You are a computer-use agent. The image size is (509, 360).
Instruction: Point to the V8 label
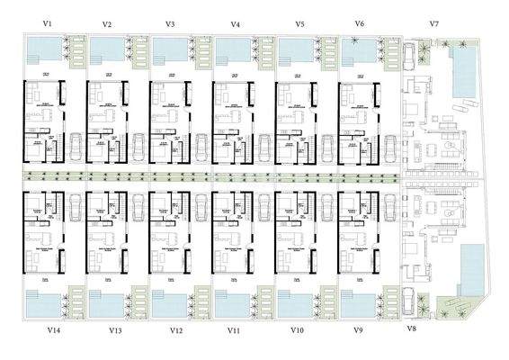click(x=412, y=328)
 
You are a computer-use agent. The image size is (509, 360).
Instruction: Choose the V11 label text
click(x=234, y=331)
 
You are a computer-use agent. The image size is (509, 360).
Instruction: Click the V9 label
click(x=358, y=331)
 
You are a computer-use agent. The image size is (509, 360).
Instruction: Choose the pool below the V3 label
click(x=167, y=47)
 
